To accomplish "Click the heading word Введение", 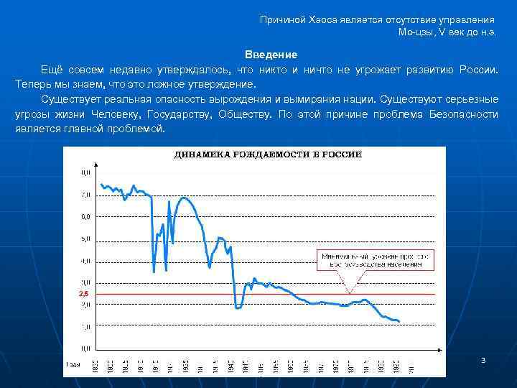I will point(271,55).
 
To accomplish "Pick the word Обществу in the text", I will point(244,114).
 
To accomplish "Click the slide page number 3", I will point(483,359).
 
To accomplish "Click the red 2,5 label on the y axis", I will point(83,295).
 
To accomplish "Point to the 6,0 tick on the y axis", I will point(85,216).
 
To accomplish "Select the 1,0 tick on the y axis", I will point(85,327).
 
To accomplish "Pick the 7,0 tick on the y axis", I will point(85,195).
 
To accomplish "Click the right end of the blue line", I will point(399,321).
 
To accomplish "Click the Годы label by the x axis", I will point(73,364).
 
